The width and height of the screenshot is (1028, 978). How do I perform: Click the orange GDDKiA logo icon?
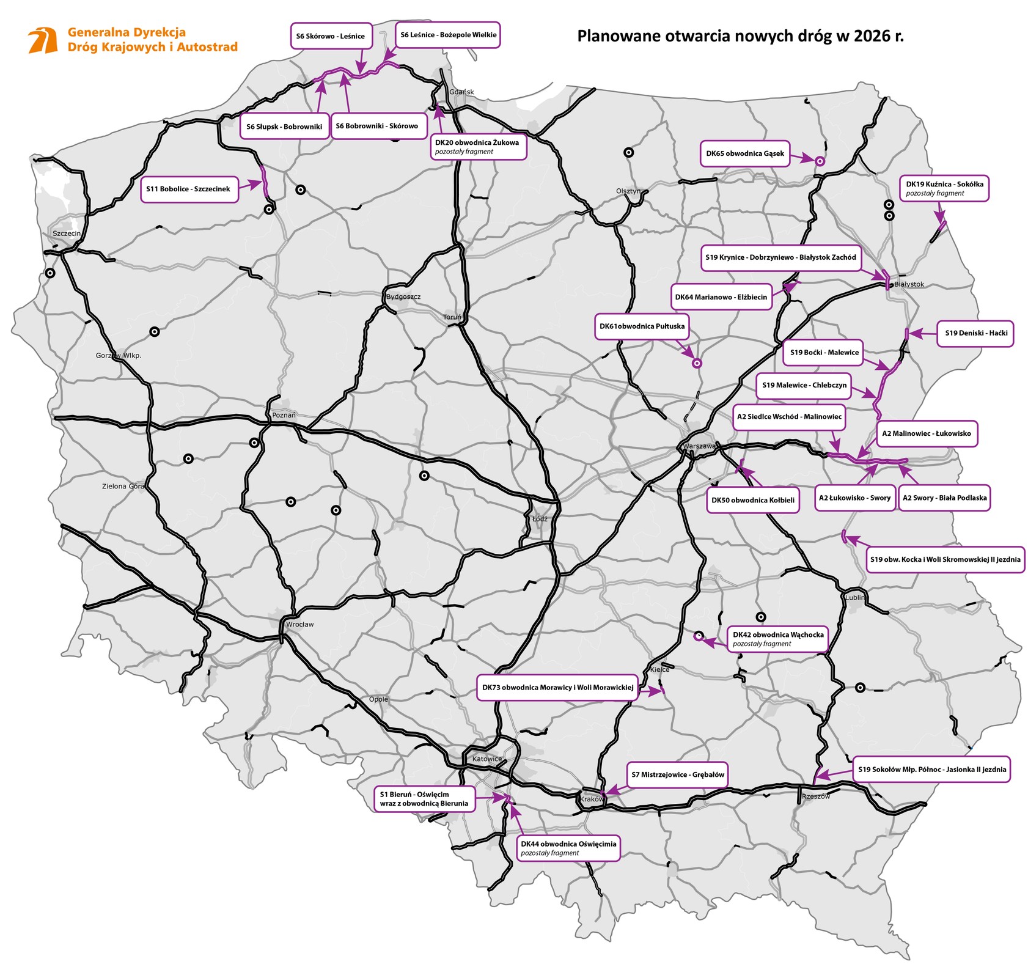pos(43,40)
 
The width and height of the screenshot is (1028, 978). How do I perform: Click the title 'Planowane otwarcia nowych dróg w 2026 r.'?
pos(740,36)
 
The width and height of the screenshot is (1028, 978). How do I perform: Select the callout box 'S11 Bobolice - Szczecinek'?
pos(189,189)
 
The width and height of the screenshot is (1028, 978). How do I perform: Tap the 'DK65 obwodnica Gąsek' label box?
pos(744,153)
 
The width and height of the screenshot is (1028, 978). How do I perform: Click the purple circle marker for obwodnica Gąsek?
pos(820,161)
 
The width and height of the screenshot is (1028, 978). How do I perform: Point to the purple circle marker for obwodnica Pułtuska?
pos(696,363)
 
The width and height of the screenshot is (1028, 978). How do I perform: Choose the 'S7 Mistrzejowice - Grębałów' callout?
pos(677,774)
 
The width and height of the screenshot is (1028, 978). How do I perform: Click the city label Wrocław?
pos(299,624)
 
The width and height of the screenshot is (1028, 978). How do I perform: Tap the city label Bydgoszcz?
pos(403,297)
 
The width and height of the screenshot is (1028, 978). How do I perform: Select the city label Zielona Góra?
pos(123,487)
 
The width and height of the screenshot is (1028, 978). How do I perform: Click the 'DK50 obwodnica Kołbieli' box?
pos(752,500)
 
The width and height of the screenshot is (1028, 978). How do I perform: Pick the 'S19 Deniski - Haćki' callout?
pos(975,333)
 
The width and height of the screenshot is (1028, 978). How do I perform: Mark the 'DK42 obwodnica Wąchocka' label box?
pos(777,639)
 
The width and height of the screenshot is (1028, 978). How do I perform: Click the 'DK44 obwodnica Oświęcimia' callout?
pos(568,848)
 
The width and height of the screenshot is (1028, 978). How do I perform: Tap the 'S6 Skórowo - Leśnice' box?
pos(330,36)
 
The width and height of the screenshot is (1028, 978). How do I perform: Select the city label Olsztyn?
pos(628,191)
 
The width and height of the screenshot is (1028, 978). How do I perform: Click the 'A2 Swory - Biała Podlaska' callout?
pos(944,498)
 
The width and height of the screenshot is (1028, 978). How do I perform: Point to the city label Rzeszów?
pos(816,796)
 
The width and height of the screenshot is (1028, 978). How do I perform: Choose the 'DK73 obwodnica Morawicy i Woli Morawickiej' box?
pos(557,688)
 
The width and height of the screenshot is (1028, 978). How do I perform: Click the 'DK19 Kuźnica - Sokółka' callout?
pos(944,188)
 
